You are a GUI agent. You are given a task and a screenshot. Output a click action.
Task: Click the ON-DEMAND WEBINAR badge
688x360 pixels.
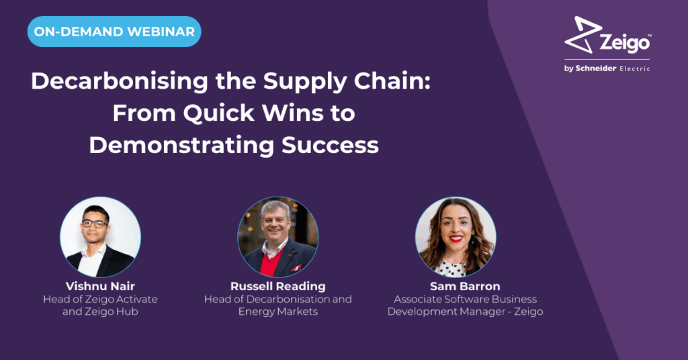[x=114, y=32]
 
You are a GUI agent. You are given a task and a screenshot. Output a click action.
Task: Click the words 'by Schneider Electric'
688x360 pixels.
[x=607, y=69]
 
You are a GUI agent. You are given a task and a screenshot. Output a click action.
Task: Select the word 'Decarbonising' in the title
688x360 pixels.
[x=120, y=81]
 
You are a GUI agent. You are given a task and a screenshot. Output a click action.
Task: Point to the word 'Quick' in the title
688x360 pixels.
[x=218, y=113]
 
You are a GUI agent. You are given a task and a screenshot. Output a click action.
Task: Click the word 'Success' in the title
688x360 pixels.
[x=330, y=145]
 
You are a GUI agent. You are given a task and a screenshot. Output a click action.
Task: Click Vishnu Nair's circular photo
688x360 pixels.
[x=101, y=237]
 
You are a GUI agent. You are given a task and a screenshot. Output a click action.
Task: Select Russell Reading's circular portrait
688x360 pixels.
[x=278, y=237]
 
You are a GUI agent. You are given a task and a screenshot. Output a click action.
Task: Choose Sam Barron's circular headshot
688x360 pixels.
[x=456, y=237]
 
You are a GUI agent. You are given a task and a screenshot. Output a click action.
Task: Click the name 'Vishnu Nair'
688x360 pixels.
[x=101, y=286]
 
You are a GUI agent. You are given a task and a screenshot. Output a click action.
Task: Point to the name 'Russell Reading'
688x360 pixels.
[x=278, y=286]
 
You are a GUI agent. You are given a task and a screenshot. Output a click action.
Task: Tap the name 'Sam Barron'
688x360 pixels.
[x=465, y=286]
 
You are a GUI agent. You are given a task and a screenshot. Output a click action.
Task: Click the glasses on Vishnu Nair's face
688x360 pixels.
[x=94, y=224]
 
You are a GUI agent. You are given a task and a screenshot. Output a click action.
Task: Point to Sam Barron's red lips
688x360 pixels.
[x=456, y=238]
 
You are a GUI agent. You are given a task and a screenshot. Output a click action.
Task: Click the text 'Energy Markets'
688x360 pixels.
[x=278, y=312]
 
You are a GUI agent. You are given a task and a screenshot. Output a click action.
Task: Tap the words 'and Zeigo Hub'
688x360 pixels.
[x=101, y=312]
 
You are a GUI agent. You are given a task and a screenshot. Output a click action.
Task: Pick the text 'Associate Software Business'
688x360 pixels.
[x=466, y=300]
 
